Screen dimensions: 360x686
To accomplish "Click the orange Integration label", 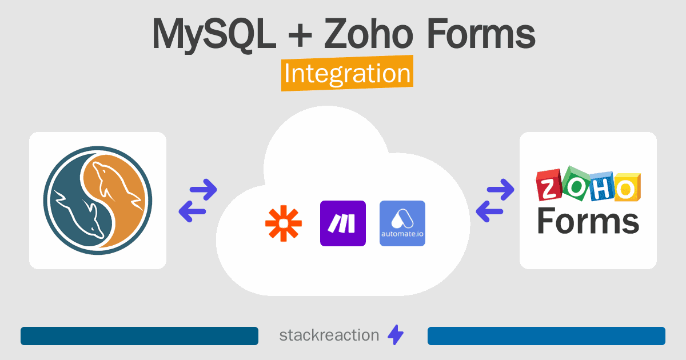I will [347, 74].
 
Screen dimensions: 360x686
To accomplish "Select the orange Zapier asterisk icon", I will [284, 223].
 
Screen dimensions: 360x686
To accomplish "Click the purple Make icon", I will [343, 223].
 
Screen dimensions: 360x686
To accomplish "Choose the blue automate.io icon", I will [402, 223].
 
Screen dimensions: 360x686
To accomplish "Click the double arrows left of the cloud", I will [198, 201].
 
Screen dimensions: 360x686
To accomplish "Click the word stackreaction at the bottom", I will [329, 335].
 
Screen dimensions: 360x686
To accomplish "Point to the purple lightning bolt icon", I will [396, 335].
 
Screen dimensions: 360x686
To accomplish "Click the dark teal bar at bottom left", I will [139, 336].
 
